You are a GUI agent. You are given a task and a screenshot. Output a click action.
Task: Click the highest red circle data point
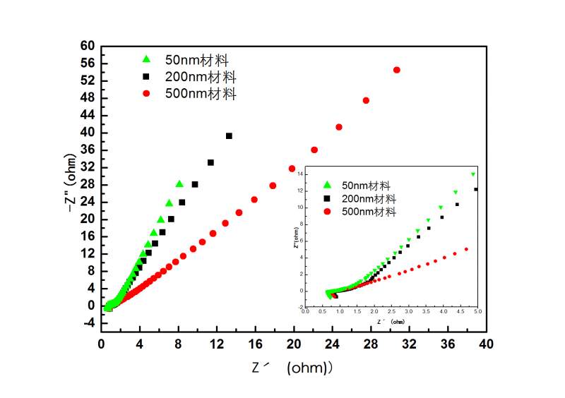396,70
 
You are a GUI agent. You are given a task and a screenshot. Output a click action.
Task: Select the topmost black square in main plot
229,135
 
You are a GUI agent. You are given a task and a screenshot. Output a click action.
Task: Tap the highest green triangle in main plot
179,184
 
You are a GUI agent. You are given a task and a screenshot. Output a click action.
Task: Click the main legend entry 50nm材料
196,59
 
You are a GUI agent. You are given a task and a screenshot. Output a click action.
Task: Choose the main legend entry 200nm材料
201,76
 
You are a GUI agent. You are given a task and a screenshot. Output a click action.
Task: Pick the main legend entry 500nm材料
201,93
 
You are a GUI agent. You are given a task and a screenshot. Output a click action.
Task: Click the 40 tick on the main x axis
485,344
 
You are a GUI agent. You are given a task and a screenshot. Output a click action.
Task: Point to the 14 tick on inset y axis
300,174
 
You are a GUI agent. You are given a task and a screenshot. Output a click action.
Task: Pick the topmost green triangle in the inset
473,174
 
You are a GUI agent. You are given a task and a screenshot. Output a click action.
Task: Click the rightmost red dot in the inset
467,249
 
